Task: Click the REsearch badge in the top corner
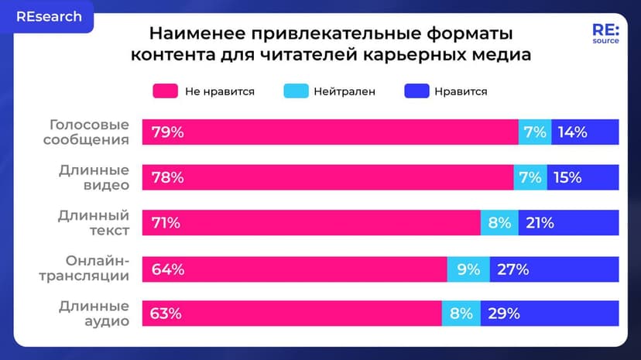click(47, 16)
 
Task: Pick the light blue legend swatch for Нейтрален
click(294, 91)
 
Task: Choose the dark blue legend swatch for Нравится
click(416, 91)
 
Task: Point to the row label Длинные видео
click(94, 177)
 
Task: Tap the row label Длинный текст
click(94, 222)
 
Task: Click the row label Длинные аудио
click(94, 314)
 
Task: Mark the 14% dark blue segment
click(573, 132)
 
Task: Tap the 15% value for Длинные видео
click(567, 178)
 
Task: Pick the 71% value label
click(165, 223)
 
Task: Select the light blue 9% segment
click(468, 269)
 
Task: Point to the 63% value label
click(166, 314)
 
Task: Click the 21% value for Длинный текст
click(540, 223)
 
